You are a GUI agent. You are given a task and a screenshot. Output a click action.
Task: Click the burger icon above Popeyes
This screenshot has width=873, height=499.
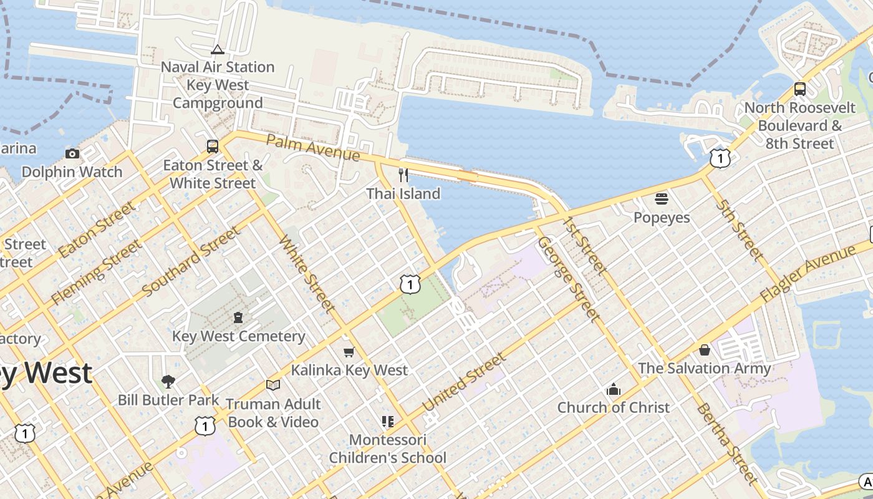point(662,199)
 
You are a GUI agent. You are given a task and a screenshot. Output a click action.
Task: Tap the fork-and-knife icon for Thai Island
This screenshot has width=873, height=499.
point(403,175)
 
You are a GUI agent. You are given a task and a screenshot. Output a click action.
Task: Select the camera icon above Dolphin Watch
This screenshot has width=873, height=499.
point(72,153)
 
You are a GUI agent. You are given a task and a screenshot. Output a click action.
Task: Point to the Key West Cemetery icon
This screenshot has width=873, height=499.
point(238,317)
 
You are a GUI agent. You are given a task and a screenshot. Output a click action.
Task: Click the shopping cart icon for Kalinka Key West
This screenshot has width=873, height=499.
point(349,352)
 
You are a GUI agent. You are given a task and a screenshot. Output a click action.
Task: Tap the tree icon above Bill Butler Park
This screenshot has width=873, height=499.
point(168,381)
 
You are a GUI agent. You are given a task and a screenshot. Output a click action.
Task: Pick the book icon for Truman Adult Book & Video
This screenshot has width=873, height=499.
point(273,385)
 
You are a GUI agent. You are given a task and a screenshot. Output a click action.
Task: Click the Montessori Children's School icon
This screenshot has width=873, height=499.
point(388,422)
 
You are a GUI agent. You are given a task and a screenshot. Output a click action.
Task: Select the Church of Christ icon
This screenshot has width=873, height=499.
point(614,389)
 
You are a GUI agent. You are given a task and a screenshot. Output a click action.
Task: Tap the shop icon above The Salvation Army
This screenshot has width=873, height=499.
point(705,350)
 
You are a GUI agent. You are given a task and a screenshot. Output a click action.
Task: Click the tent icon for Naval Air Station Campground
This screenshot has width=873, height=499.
point(218,49)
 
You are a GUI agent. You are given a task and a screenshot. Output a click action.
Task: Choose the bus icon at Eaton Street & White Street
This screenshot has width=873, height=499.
point(213,147)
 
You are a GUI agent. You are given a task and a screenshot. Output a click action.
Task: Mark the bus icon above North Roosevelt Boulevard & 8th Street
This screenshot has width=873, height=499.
point(800,89)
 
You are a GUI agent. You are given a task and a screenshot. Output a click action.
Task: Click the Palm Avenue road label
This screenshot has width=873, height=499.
point(313,146)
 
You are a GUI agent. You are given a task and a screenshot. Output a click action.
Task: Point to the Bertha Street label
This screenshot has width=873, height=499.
point(726,443)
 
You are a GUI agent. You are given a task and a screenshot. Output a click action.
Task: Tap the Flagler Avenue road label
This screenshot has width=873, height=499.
point(808,274)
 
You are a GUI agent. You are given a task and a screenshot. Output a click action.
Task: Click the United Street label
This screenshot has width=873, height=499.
point(464,382)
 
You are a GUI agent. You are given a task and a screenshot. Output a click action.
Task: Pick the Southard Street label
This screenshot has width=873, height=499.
point(191,262)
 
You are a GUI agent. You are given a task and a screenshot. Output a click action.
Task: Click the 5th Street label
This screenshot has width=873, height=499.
point(740,230)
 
